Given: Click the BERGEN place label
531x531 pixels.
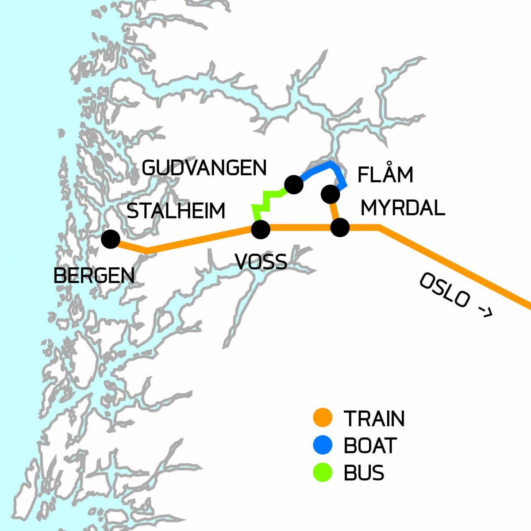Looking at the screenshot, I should [94, 276].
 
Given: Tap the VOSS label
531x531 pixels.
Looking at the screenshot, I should [261, 262].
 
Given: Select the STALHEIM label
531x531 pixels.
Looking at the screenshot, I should [176, 211].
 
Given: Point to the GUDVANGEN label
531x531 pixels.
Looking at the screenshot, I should [204, 168].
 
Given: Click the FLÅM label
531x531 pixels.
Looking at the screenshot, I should [385, 175].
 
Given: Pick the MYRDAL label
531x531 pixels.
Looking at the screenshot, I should [403, 208].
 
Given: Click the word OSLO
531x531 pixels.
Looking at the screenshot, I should [444, 290].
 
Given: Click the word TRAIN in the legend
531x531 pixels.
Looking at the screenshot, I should [374, 419].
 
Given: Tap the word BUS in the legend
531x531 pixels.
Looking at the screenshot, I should [364, 473].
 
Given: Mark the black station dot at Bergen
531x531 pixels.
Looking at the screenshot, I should [110, 239].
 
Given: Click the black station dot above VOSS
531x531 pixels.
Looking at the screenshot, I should [260, 229].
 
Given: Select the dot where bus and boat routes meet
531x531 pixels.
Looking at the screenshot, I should [294, 185].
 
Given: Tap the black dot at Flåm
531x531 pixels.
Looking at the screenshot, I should [330, 194].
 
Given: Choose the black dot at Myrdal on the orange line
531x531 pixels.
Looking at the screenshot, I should [340, 228].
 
